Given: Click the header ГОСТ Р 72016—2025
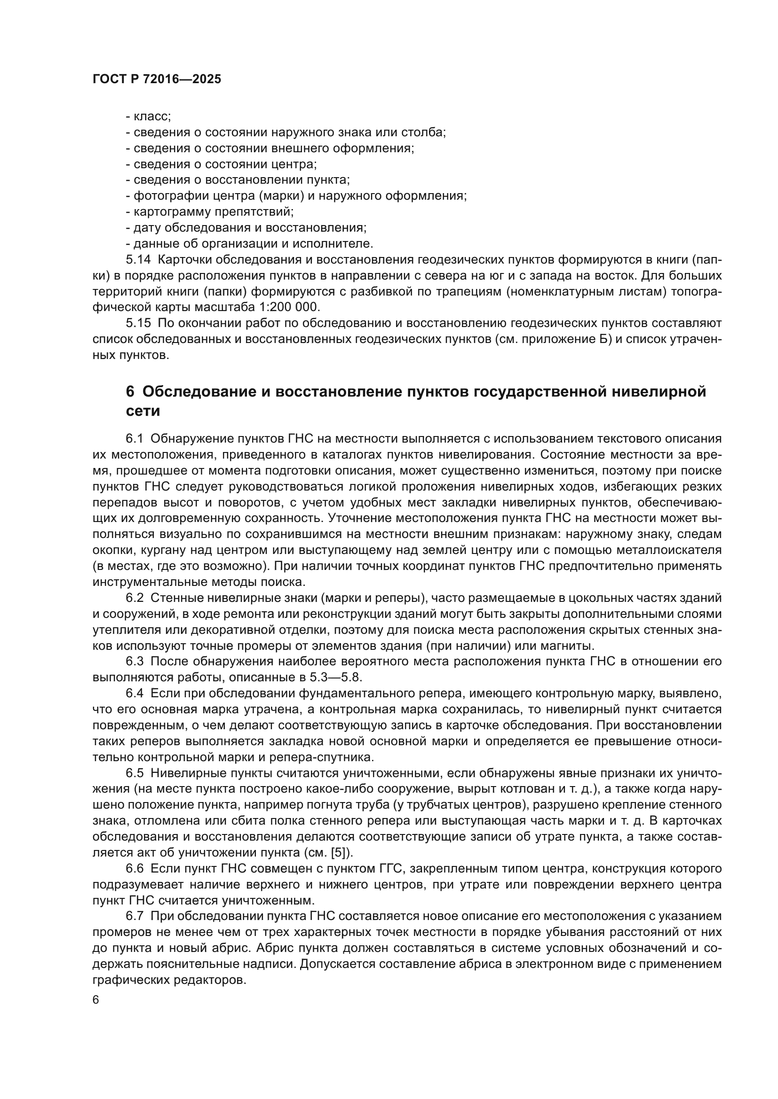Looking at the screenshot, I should coord(157,79).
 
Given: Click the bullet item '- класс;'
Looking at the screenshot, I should coord(148,117).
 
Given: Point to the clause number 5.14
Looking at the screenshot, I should coord(138,260).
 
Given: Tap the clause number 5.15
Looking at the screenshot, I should coord(138,324).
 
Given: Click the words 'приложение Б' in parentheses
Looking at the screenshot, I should coord(566,339).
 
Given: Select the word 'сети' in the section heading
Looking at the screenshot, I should coord(143,411).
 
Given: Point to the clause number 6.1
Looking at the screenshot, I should coord(135,439).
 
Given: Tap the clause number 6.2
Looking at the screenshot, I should coord(135,598).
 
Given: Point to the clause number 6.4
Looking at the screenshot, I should coord(135,694).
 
